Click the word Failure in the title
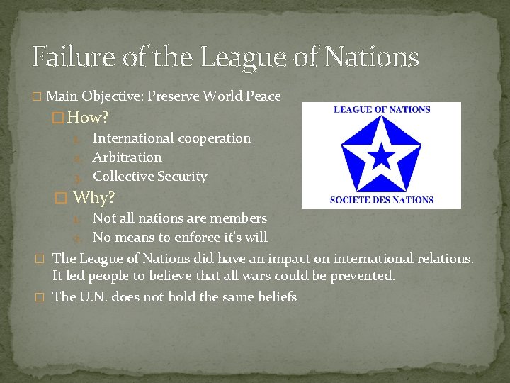point(72,57)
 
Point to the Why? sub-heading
point(94,197)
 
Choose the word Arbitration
point(127,157)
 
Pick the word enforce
point(191,237)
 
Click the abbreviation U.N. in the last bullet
point(91,296)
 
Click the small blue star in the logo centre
point(382,155)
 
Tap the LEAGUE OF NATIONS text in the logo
point(382,110)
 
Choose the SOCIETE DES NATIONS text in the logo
point(382,199)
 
